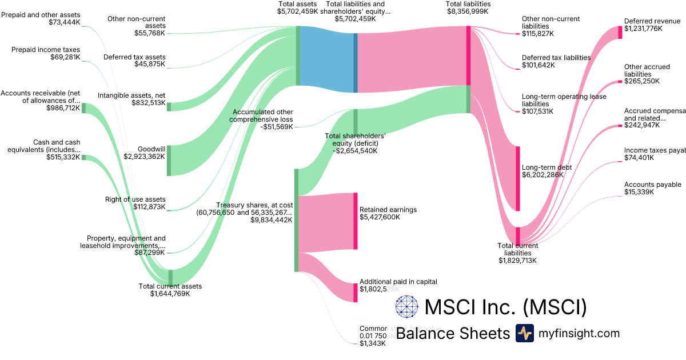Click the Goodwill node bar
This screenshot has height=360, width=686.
click(x=169, y=161)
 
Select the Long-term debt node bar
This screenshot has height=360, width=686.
click(x=518, y=179)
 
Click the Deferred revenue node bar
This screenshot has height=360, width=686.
click(x=620, y=29)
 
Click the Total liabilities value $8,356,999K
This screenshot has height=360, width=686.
click(x=468, y=11)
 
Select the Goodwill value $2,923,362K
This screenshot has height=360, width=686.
click(x=144, y=156)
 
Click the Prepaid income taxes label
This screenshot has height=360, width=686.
click(x=46, y=50)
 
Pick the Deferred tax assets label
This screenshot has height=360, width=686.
click(x=134, y=57)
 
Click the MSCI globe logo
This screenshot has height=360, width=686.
click(x=407, y=307)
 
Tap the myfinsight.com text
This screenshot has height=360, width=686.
click(x=579, y=333)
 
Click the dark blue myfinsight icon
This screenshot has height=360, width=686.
click(x=524, y=333)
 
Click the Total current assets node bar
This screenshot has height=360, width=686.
click(x=170, y=277)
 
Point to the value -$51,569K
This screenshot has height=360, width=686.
click(x=276, y=127)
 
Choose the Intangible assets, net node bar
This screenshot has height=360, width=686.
click(x=169, y=106)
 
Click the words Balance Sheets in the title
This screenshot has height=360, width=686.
click(x=452, y=333)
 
